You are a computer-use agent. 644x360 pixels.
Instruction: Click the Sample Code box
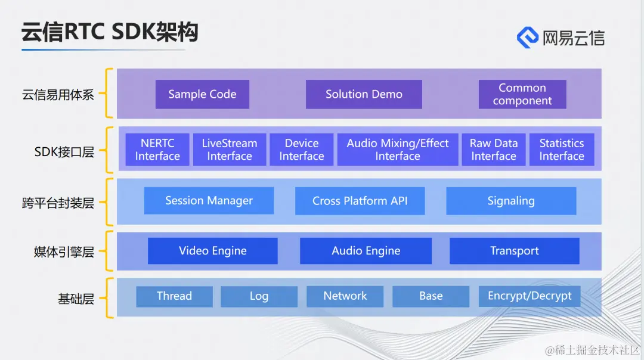[202, 94]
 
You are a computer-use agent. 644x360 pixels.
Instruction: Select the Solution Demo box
[364, 94]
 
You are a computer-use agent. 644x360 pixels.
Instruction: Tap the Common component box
[522, 94]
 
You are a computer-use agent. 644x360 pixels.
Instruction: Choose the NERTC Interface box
[157, 150]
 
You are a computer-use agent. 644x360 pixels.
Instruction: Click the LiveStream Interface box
[230, 150]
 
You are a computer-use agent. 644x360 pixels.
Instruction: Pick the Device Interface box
[302, 150]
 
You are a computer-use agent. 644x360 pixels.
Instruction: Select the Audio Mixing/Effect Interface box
[398, 150]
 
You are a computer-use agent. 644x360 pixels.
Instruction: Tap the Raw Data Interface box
[494, 150]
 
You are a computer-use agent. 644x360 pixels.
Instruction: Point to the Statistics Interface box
[562, 150]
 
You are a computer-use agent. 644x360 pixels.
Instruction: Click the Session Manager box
[209, 201]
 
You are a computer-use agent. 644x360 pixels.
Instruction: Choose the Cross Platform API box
[360, 201]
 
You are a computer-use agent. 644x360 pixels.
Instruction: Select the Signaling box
[511, 201]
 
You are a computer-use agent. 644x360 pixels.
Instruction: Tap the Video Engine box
[213, 251]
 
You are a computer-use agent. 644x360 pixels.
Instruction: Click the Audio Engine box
[366, 251]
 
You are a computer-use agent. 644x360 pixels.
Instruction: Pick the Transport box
[515, 251]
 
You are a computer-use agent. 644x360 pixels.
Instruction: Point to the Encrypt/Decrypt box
[530, 296]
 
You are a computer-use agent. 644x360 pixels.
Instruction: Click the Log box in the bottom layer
[259, 296]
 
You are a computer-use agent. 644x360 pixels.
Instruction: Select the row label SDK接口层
[64, 152]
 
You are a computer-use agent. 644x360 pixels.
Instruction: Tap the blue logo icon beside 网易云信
[528, 37]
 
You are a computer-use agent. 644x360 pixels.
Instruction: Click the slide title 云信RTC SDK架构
[110, 32]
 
